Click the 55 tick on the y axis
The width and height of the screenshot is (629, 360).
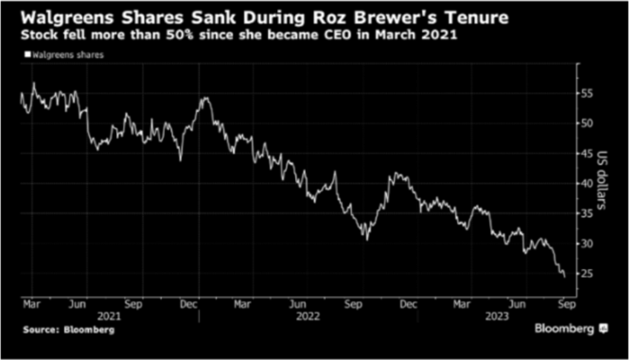587,92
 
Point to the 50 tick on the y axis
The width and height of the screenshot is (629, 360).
587,122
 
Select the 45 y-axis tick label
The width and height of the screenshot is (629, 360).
587,153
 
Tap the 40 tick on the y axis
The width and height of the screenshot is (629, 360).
587,183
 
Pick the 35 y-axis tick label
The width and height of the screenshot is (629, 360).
587,213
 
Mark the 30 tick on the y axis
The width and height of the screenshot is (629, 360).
587,243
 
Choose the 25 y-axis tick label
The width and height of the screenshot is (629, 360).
587,273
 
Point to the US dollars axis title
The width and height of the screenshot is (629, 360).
603,183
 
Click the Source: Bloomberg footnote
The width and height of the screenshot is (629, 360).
69,329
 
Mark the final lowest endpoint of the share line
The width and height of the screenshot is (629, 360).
563,277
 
